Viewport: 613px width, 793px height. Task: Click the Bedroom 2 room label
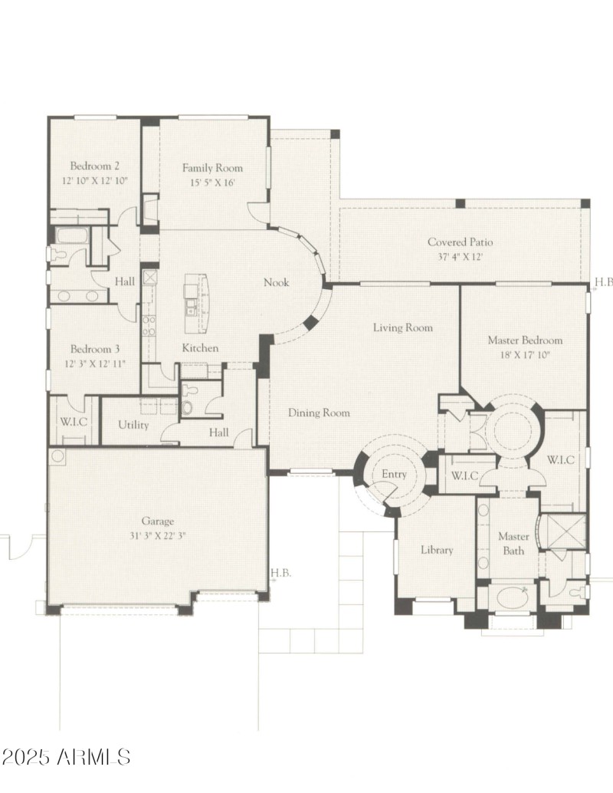click(x=95, y=166)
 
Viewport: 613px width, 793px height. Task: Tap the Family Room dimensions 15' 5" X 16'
click(x=212, y=183)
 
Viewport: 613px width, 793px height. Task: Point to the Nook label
click(x=276, y=282)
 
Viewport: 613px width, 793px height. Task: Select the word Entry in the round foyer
click(x=394, y=475)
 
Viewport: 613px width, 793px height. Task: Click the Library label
click(x=437, y=550)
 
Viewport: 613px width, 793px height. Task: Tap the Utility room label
click(x=133, y=425)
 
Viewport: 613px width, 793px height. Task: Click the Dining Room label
click(x=319, y=413)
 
